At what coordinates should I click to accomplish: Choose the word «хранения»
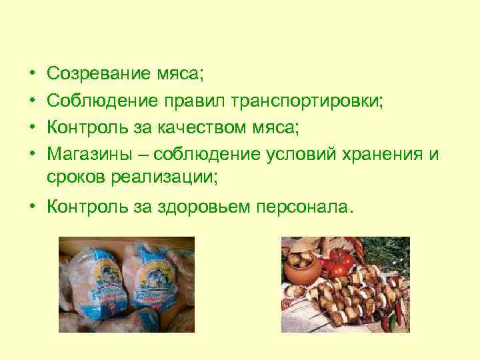(385, 155)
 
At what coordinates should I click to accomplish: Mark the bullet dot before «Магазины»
(33, 155)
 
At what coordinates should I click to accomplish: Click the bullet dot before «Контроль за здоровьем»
(33, 207)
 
